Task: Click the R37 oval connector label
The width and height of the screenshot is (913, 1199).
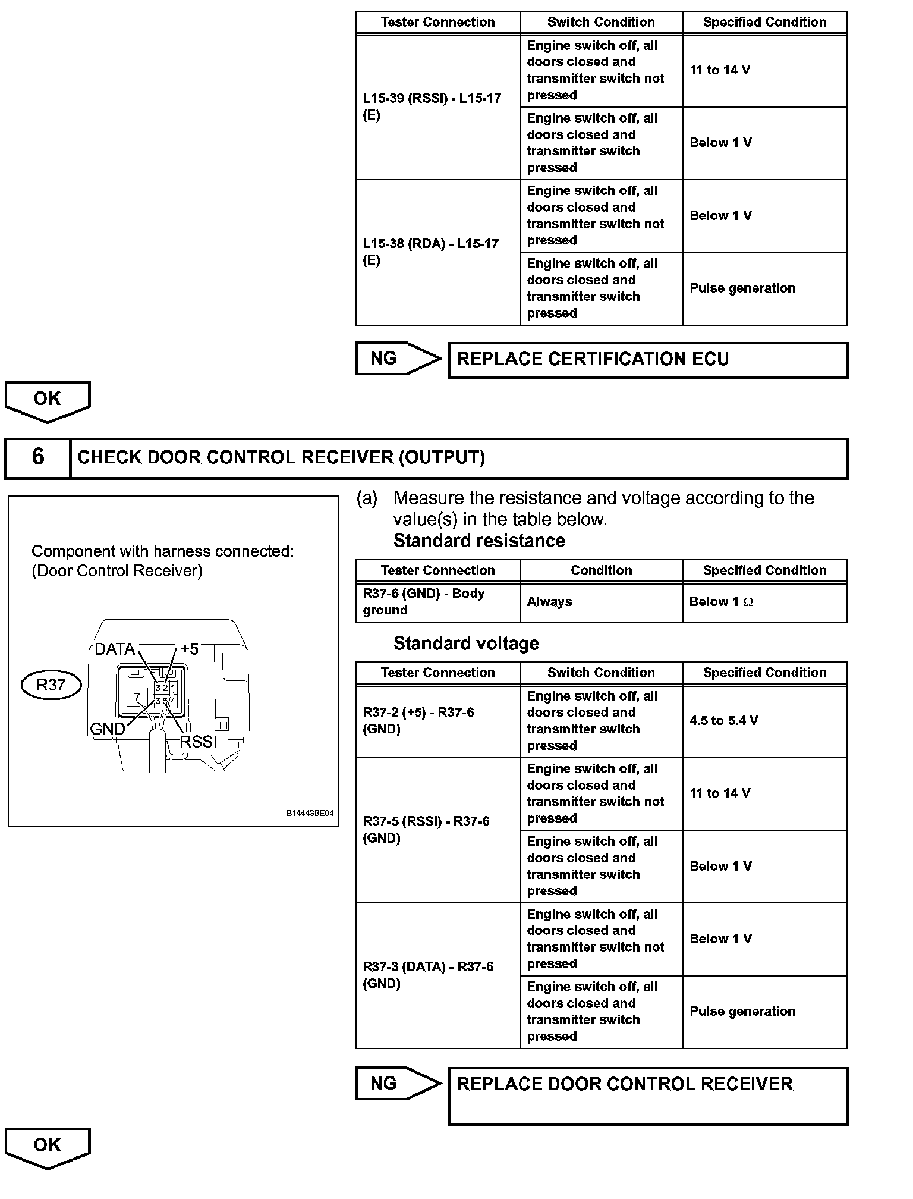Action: click(51, 685)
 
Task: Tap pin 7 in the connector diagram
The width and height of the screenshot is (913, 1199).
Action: click(137, 696)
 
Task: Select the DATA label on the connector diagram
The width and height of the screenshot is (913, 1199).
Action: click(115, 649)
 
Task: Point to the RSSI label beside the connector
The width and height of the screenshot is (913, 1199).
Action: click(199, 741)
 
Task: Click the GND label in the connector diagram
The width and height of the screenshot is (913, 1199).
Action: click(107, 729)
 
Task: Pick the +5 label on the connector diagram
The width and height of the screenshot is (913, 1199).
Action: click(189, 648)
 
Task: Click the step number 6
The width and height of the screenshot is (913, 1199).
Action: click(37, 457)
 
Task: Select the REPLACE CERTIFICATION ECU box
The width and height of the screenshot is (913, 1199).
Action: click(648, 360)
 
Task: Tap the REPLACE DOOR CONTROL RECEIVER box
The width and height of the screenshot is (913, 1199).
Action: click(648, 1096)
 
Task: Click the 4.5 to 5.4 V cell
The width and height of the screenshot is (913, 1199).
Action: click(764, 721)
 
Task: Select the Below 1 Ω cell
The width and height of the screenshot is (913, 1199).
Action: click(764, 602)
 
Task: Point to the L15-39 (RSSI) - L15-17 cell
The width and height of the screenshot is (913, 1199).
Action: click(437, 107)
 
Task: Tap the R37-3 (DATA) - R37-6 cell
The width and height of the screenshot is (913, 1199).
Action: click(437, 975)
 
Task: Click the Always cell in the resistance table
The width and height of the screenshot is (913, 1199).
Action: click(601, 602)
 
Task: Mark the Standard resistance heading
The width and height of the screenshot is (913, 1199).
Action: click(479, 541)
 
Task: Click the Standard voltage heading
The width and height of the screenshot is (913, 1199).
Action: click(466, 643)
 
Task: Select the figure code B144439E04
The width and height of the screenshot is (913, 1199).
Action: click(310, 813)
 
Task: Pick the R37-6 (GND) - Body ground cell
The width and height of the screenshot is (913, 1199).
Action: click(437, 602)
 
